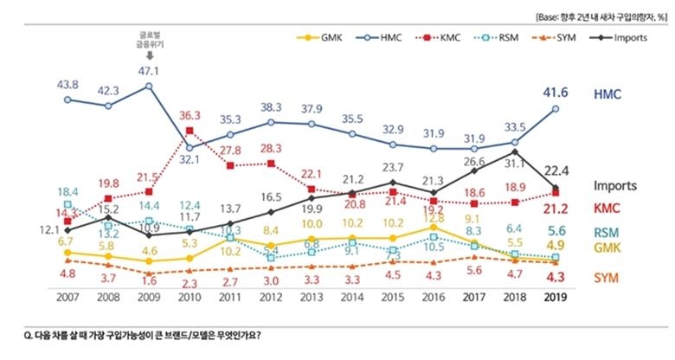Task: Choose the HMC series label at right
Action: point(611,93)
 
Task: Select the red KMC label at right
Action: point(609,208)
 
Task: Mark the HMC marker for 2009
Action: point(149,86)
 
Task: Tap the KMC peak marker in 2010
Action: point(190,132)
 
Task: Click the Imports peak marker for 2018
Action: point(515,151)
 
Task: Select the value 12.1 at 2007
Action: point(47,228)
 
